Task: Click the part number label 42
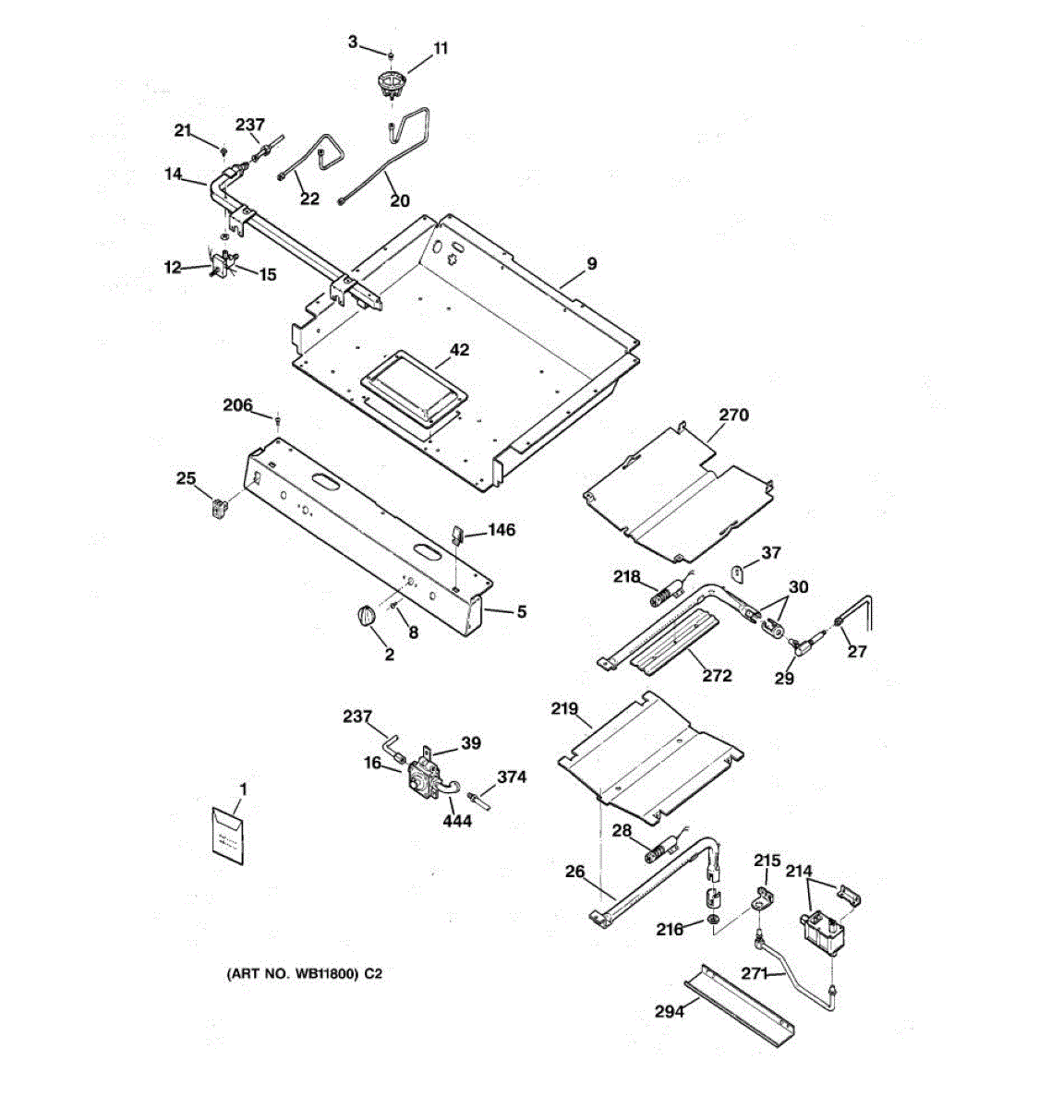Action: [459, 350]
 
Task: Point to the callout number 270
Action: [733, 415]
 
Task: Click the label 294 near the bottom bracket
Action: [669, 1012]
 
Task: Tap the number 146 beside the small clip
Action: [501, 530]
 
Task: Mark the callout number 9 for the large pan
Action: [591, 264]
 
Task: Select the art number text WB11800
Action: [320, 973]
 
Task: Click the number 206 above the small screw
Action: [238, 405]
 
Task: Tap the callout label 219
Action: [564, 709]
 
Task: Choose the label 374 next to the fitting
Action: [512, 777]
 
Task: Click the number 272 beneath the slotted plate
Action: [717, 675]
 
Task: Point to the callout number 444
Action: [457, 820]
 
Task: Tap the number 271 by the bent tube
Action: [755, 972]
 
